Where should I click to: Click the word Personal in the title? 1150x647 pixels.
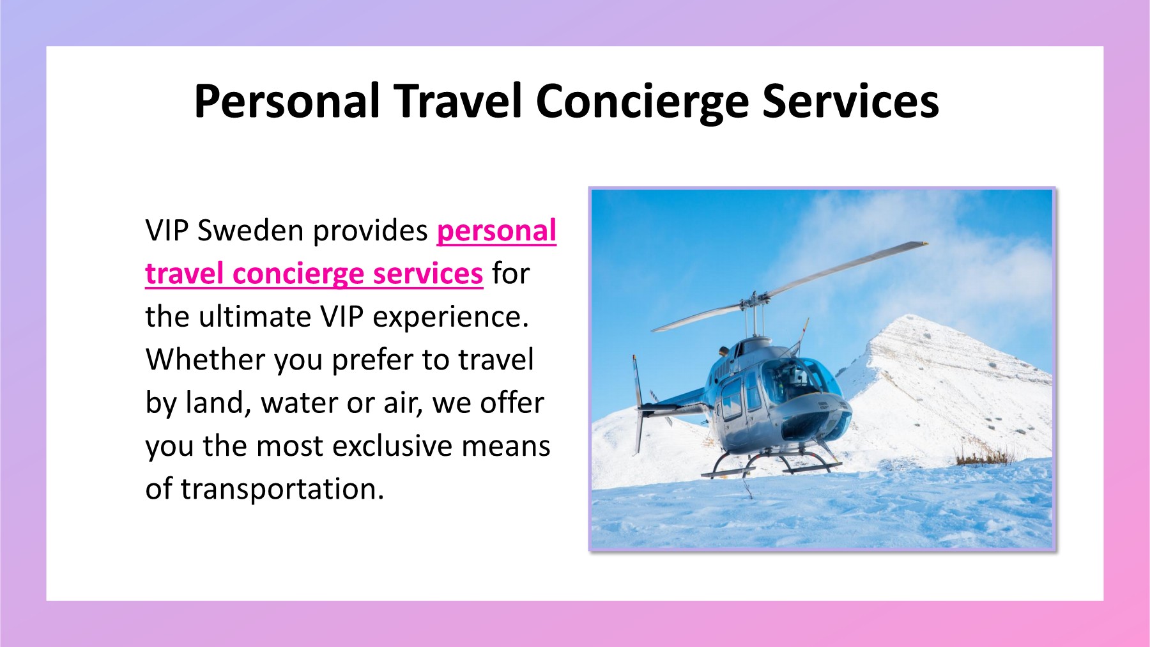pos(287,102)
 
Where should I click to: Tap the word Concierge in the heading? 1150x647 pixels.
pos(641,102)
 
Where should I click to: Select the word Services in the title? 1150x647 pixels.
pos(850,102)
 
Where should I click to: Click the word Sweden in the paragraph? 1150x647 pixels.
pos(249,231)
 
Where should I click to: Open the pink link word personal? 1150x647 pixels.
pos(496,231)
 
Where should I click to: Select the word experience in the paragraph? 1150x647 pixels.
pos(450,317)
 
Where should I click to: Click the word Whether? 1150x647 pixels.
pos(205,360)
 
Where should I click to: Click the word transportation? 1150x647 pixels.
pos(282,489)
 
